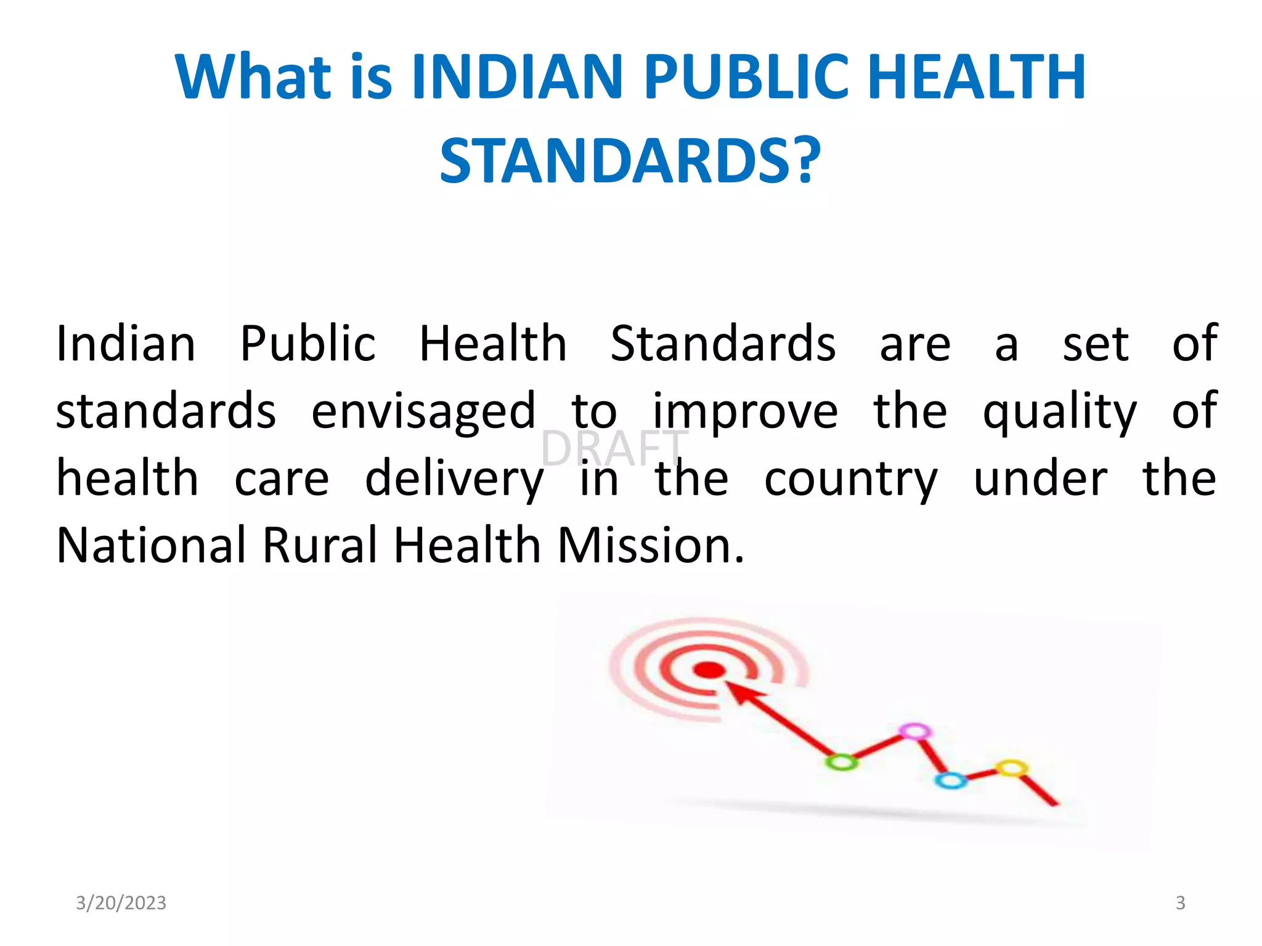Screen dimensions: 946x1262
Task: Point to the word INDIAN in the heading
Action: pos(517,77)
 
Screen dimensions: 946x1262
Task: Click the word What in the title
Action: pos(253,77)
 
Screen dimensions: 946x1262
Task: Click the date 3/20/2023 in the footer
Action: pos(121,903)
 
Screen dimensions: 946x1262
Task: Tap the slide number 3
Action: pos(1180,903)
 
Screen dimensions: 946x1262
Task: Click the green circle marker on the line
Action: pos(841,762)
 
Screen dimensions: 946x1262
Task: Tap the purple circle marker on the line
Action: pos(915,731)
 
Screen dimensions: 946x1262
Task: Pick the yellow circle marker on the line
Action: pos(1011,767)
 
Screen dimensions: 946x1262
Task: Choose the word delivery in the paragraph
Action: pos(454,480)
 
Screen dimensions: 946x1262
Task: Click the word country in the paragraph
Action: pos(850,480)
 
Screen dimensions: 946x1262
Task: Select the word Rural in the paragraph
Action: pos(320,546)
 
